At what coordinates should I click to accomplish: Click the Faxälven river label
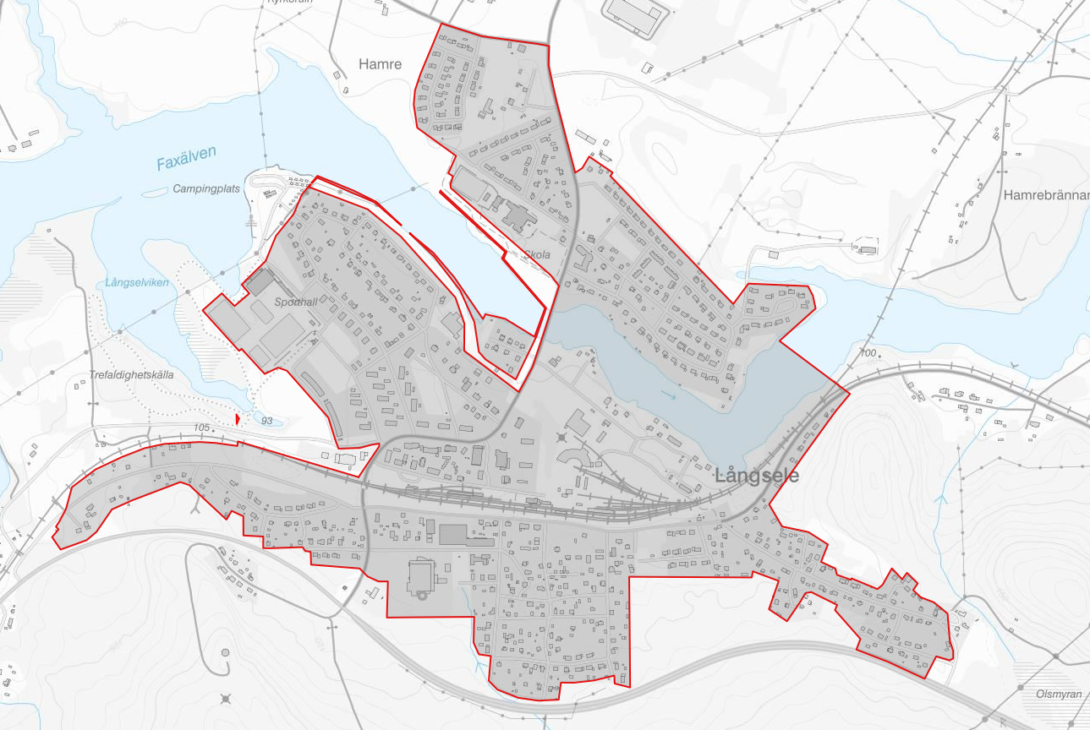(186, 157)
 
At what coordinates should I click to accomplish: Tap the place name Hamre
(380, 64)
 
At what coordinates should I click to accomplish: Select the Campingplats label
(207, 188)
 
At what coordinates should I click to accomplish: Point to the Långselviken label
(138, 283)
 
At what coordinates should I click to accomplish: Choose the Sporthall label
(294, 302)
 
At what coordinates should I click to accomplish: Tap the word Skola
(537, 254)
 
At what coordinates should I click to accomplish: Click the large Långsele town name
(757, 476)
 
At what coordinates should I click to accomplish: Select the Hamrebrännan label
(1046, 195)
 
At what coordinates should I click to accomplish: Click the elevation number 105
(201, 428)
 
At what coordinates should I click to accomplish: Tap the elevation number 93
(267, 421)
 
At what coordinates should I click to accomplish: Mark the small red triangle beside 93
(238, 418)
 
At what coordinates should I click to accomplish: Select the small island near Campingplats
(154, 193)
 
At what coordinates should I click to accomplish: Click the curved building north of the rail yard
(574, 456)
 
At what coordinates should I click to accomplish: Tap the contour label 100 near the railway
(868, 352)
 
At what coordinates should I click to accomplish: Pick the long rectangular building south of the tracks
(453, 534)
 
